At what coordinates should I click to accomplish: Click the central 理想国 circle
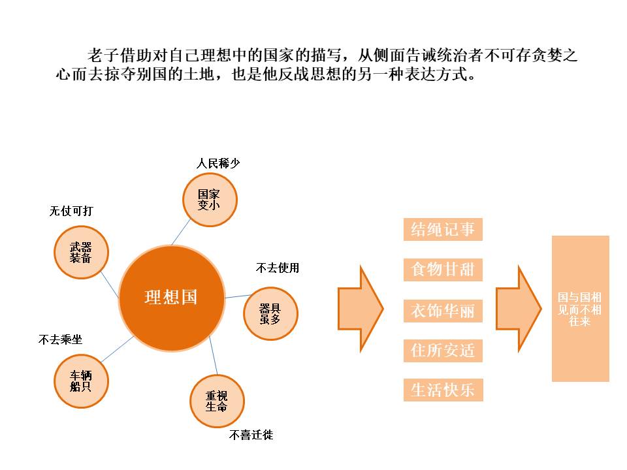(x=171, y=298)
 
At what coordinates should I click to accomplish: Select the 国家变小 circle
(x=208, y=199)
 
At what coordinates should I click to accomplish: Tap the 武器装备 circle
(x=81, y=252)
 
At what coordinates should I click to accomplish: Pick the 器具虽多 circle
(x=270, y=313)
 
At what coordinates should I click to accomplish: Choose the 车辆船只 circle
(x=81, y=381)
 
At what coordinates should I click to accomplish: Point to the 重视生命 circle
(x=216, y=401)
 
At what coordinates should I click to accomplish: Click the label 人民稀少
(x=218, y=163)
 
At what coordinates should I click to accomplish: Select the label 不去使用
(x=278, y=268)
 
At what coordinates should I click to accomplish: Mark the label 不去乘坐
(x=61, y=339)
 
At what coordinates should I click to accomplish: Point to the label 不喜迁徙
(x=251, y=435)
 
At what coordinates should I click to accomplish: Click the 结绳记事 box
(x=443, y=229)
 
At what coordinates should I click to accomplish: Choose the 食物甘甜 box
(x=443, y=270)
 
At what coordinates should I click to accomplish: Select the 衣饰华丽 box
(x=443, y=310)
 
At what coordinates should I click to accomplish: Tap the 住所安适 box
(x=443, y=351)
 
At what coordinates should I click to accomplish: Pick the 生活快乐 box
(x=443, y=390)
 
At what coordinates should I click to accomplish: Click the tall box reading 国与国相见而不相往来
(x=580, y=309)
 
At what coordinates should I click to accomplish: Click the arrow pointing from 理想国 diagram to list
(x=360, y=309)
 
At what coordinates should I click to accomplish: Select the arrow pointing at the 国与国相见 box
(x=519, y=309)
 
